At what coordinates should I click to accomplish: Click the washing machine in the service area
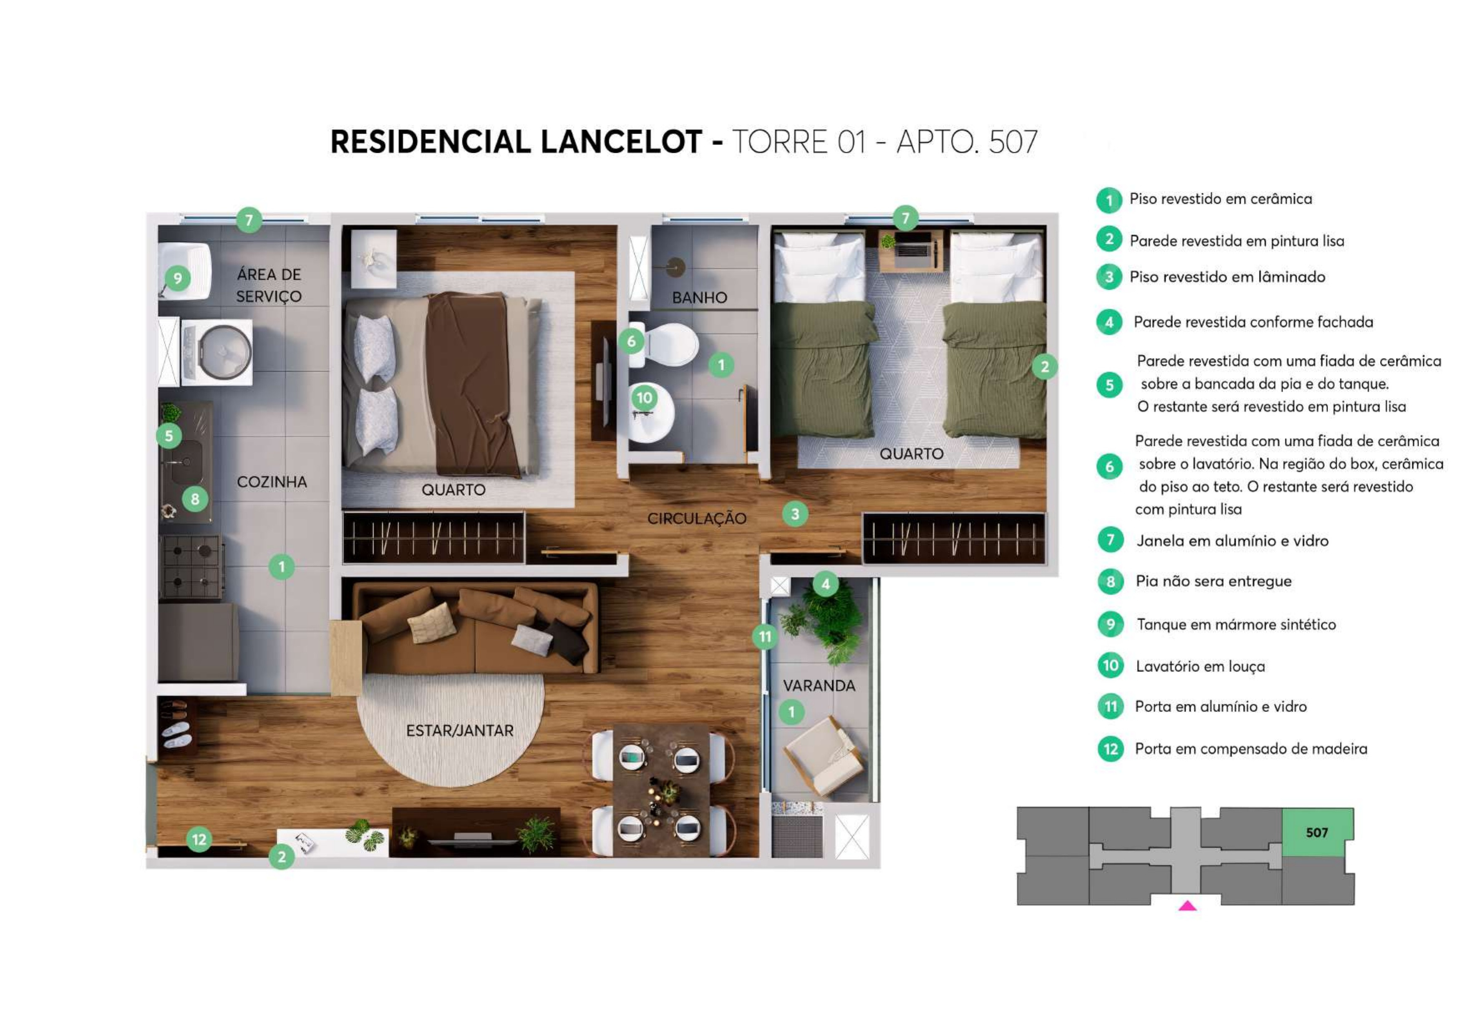217,352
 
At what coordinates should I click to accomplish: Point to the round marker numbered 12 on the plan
199,839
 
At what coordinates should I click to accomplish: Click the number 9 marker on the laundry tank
178,278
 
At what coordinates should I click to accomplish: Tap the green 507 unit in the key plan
1317,832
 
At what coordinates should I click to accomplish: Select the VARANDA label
819,686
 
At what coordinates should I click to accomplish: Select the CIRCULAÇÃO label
696,518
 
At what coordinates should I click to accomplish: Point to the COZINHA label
272,482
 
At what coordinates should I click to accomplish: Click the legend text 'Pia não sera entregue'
1213,581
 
